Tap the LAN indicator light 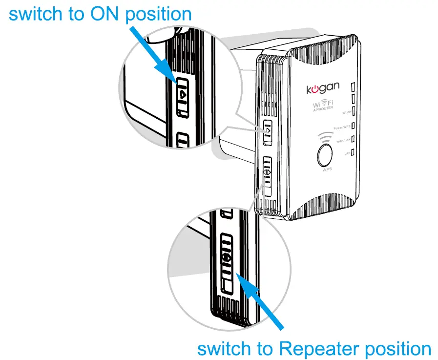[353, 153]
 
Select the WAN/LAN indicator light [353, 140]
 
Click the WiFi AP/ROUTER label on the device [323, 106]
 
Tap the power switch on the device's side [267, 133]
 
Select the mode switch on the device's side [267, 176]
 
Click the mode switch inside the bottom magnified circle [228, 264]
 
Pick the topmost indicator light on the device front [353, 86]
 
